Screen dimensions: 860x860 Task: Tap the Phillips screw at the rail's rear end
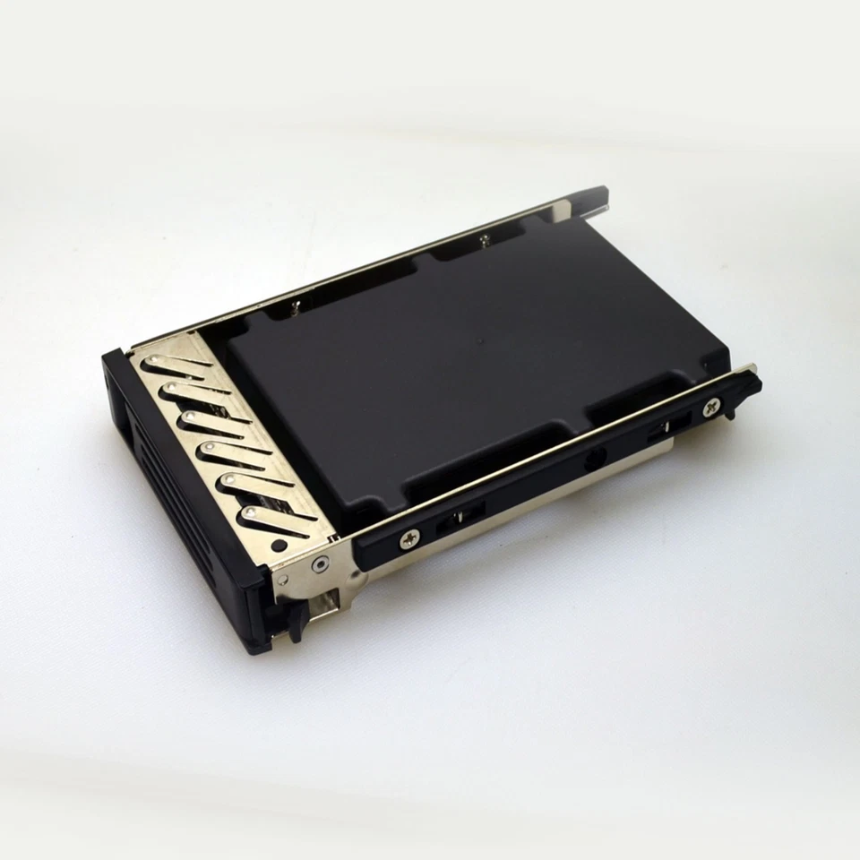[711, 407]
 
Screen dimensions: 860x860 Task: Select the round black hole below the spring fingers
[279, 544]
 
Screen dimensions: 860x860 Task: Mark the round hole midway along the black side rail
[592, 464]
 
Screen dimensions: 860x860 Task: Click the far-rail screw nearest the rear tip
[485, 237]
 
